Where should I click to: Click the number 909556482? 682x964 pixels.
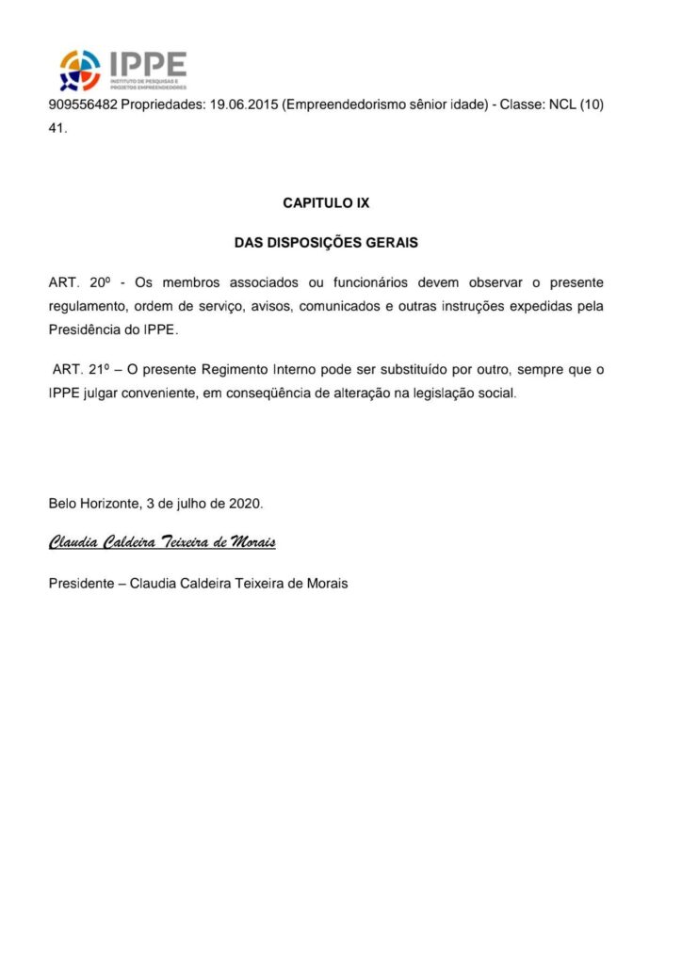83,104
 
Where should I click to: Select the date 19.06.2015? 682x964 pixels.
239,104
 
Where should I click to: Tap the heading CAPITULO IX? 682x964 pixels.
326,203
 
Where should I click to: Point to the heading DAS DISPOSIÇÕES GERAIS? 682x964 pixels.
326,243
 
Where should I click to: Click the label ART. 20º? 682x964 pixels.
80,282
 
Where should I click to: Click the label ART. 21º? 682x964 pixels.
83,370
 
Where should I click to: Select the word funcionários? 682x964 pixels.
401,282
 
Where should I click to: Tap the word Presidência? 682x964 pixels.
86,331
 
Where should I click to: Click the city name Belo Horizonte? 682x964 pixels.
92,504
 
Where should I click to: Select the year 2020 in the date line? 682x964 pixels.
245,504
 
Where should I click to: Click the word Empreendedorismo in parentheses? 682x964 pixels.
350,104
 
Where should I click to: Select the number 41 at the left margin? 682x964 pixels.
57,129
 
